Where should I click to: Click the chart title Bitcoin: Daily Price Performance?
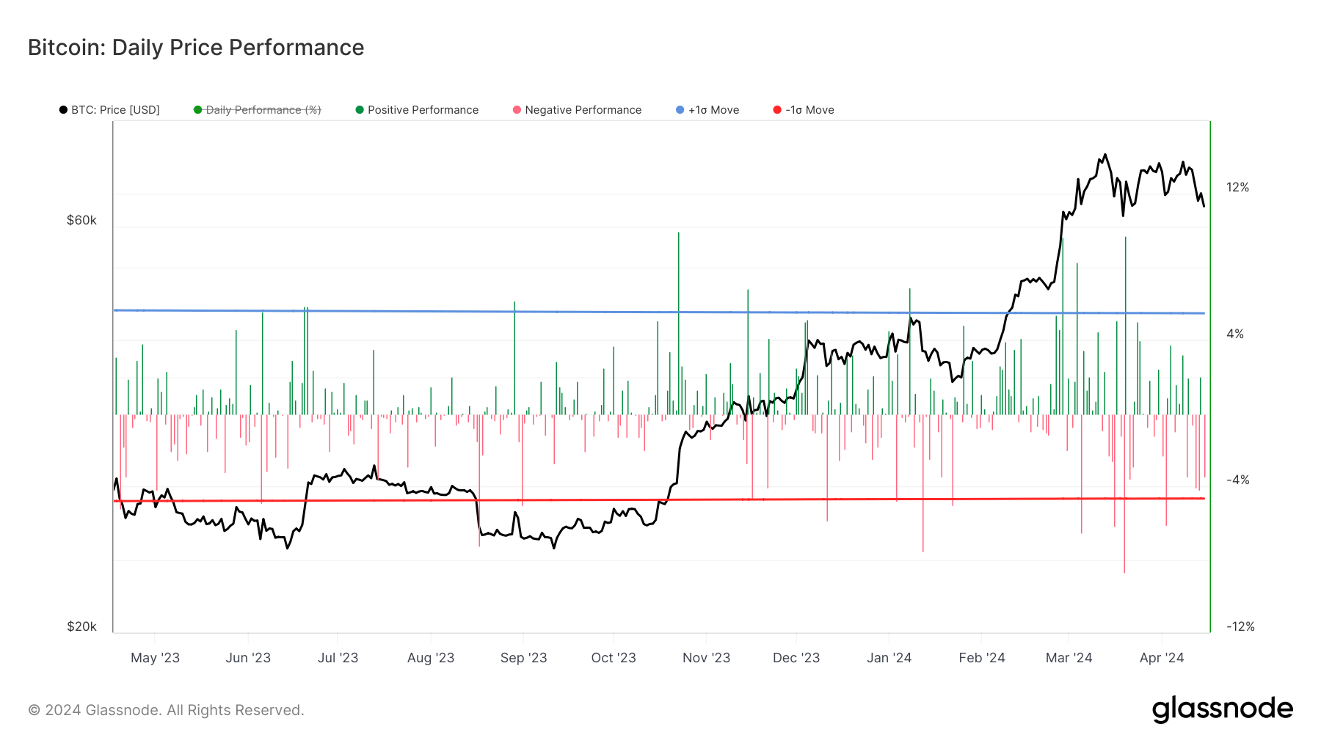[x=196, y=48]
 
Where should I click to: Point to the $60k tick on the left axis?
[x=81, y=220]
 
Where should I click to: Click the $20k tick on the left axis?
[x=81, y=626]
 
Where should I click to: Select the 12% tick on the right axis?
[x=1237, y=187]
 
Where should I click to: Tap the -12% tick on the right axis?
[x=1240, y=626]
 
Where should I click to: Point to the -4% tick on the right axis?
[x=1237, y=480]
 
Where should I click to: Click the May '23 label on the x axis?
[x=155, y=658]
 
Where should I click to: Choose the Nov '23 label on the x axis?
[x=706, y=658]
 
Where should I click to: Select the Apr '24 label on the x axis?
[x=1161, y=658]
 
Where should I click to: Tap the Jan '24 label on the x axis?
[x=889, y=658]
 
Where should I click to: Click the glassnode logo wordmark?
[x=1222, y=709]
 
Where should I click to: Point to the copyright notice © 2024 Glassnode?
[x=166, y=710]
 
